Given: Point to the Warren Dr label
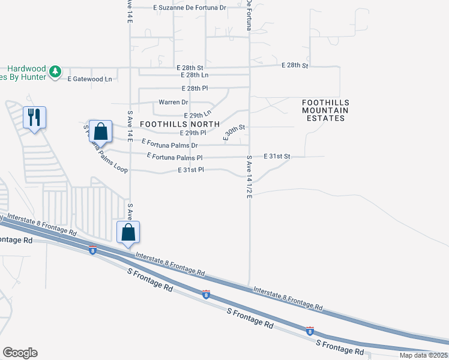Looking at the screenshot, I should [x=173, y=102].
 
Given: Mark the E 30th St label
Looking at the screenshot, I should [x=235, y=133].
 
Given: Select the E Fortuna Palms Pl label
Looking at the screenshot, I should [x=175, y=157].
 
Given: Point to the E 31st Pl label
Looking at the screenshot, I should [x=191, y=170].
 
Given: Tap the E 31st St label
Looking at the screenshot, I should [x=277, y=156].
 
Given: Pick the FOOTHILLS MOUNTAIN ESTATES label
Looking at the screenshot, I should [x=325, y=110].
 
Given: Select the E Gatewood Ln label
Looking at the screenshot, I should [x=90, y=79].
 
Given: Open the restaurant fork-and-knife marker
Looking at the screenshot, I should [x=34, y=116].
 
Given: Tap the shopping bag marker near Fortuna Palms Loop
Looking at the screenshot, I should [x=101, y=131].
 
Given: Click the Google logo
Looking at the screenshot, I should [x=20, y=353].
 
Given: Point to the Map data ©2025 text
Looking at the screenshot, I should [x=423, y=355].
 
